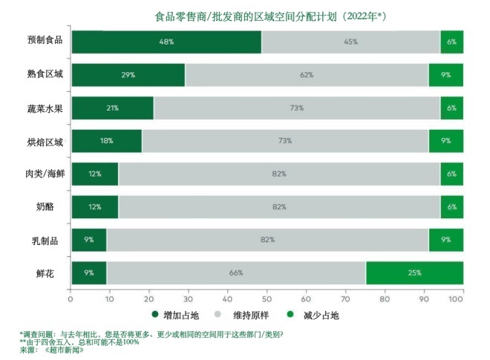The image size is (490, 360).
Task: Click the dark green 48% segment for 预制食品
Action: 166,42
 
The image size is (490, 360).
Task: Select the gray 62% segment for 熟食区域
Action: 306,75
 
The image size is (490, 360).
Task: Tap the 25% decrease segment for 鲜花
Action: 414,272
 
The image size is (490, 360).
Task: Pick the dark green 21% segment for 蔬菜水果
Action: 112,108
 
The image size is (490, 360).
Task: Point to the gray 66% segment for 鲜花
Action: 236,272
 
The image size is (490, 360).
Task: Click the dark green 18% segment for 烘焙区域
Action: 106,141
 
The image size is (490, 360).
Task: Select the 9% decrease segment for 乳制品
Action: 445,240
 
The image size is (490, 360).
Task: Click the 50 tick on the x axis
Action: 267,299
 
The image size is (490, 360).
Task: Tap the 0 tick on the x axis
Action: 71,299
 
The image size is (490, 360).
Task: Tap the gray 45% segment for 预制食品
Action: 350,42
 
